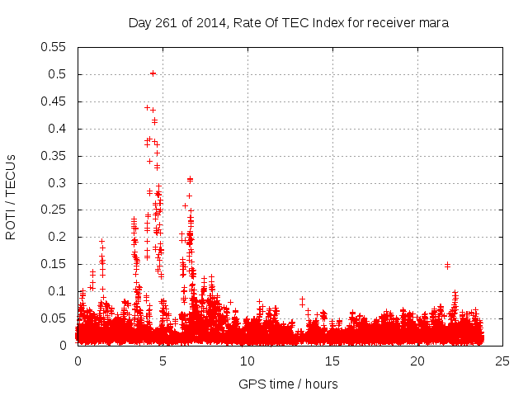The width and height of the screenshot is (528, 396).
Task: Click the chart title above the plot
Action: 288,23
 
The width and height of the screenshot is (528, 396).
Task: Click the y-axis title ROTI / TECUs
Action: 11,196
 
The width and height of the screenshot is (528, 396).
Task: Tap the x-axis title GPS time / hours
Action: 288,384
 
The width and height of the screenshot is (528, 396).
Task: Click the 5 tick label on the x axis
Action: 163,361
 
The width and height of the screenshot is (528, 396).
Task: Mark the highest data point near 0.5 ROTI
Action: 153,73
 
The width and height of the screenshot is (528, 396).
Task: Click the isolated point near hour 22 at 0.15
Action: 447,266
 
